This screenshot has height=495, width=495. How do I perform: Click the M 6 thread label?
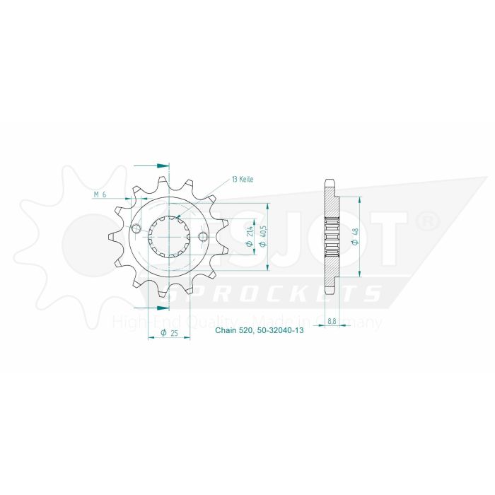(100, 194)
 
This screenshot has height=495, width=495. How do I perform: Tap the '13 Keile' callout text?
(242, 180)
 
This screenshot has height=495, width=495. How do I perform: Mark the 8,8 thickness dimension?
(331, 322)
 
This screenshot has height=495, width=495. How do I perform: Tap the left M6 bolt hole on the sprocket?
(136, 228)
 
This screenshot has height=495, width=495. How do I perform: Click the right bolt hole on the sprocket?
(203, 236)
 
